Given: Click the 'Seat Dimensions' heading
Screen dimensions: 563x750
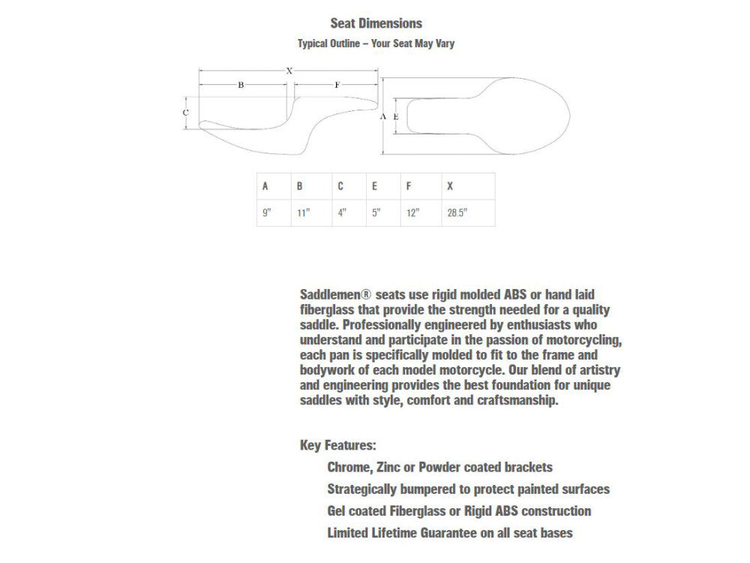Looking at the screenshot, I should pyautogui.click(x=376, y=24).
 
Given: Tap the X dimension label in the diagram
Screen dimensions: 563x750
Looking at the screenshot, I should pyautogui.click(x=289, y=70).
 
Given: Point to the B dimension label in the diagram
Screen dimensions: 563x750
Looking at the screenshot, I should pyautogui.click(x=241, y=85).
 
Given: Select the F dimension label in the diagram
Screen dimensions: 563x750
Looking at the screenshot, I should pyautogui.click(x=337, y=85).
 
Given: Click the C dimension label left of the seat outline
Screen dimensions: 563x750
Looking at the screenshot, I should pyautogui.click(x=185, y=113).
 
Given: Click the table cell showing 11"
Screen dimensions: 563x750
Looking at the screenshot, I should pyautogui.click(x=303, y=212).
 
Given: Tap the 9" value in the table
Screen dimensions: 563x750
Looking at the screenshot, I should pyautogui.click(x=266, y=212).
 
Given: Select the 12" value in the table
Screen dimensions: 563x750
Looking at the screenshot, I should pyautogui.click(x=412, y=212).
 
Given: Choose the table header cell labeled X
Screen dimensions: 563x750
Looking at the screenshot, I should pyautogui.click(x=450, y=186).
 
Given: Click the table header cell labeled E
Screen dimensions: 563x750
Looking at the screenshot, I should pyautogui.click(x=374, y=186).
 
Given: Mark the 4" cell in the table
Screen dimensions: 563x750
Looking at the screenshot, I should pyautogui.click(x=342, y=212).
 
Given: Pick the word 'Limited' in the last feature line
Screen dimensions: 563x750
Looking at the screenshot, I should pyautogui.click(x=349, y=534).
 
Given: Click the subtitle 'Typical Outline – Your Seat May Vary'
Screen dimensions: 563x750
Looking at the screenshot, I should pyautogui.click(x=376, y=44).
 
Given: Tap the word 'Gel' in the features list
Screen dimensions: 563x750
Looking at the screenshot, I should pyautogui.click(x=337, y=511).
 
